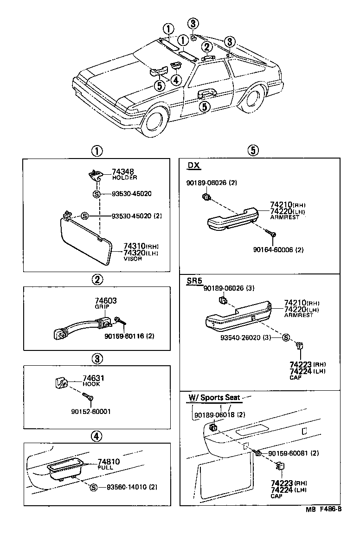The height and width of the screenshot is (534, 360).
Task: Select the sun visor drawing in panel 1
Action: (x=86, y=240)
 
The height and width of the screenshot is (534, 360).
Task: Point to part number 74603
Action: (x=106, y=301)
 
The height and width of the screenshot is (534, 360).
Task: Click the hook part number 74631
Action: (x=93, y=378)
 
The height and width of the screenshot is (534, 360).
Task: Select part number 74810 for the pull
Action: (x=109, y=462)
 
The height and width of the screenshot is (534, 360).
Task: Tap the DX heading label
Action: (x=194, y=166)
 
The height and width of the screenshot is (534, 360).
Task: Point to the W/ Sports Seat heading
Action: (x=214, y=397)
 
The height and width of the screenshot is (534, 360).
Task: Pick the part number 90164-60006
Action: (x=278, y=249)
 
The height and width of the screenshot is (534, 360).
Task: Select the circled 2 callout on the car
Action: (x=207, y=46)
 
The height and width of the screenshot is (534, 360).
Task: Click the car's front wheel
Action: (x=156, y=121)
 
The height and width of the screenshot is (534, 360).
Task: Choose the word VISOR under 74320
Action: (x=132, y=259)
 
